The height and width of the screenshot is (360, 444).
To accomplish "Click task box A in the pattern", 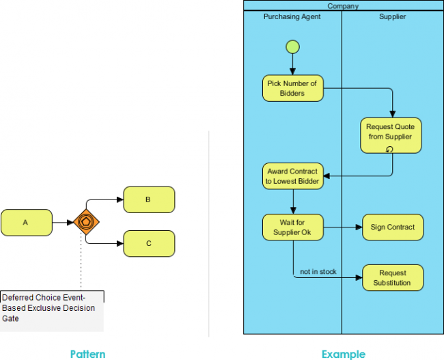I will pos(26,223).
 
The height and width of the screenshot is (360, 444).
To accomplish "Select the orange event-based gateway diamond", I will pos(87,223).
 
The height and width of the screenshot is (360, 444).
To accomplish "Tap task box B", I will pos(148,199).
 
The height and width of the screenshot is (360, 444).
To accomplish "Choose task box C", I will pos(148,243).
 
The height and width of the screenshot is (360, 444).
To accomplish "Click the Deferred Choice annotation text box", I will pos(52,307).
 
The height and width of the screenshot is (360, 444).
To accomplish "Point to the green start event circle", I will pos(292,47).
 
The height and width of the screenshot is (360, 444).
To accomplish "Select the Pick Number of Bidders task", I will pos(292,88).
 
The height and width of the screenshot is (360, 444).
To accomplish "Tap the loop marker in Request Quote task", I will pos(390,149).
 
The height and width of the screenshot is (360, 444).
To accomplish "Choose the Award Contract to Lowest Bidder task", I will pos(292,176).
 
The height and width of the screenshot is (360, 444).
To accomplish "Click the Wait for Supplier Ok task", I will pos(292,227).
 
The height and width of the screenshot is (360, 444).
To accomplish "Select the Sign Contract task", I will pos(393,227).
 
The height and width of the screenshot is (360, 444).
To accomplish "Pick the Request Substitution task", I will pos(393,277).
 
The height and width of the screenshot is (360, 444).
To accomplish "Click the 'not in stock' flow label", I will pos(318,272).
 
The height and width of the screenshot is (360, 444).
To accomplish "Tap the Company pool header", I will pos(343,6).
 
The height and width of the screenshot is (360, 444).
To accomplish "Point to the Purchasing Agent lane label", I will pos(292,16).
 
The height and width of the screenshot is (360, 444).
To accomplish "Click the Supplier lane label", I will pos(392,16).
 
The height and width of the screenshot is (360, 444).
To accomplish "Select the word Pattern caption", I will pos(87,354).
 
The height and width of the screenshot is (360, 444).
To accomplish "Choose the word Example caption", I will pos(343,354).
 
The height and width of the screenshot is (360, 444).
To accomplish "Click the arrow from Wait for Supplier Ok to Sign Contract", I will pos(342,227).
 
